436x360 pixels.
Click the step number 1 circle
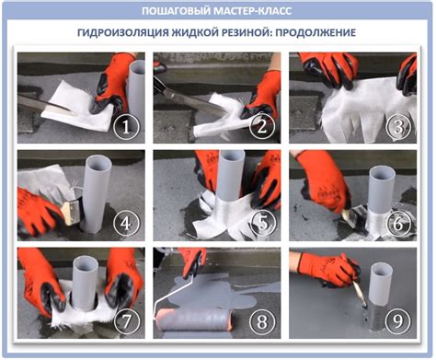click(126, 127)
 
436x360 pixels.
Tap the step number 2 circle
click(262, 127)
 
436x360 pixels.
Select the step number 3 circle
click(398, 127)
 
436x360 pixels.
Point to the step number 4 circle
click(126, 224)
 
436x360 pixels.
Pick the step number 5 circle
click(263, 223)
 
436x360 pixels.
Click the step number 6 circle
click(398, 223)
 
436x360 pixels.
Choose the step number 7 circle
click(127, 321)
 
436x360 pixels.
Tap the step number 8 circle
click(262, 321)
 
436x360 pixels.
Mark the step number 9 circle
click(398, 321)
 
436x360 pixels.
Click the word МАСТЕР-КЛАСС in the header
click(252, 11)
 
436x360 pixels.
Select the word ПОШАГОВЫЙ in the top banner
click(176, 11)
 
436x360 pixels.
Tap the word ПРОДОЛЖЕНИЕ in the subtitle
click(316, 32)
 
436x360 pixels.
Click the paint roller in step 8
click(194, 319)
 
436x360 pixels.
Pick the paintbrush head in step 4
click(71, 211)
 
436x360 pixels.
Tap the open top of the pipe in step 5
click(232, 156)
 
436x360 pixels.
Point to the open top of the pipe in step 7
click(86, 261)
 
